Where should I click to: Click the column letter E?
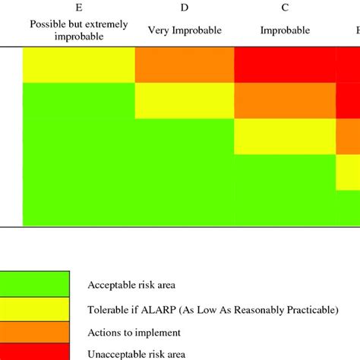coord(79,9)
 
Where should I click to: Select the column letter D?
coord(185,9)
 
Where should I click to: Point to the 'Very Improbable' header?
coord(185,31)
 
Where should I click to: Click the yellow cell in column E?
coord(79,65)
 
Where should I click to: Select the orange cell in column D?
coord(185,65)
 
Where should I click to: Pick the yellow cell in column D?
coord(185,100)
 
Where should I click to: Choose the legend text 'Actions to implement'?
coord(134,333)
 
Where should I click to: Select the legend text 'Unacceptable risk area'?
coord(137,353)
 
